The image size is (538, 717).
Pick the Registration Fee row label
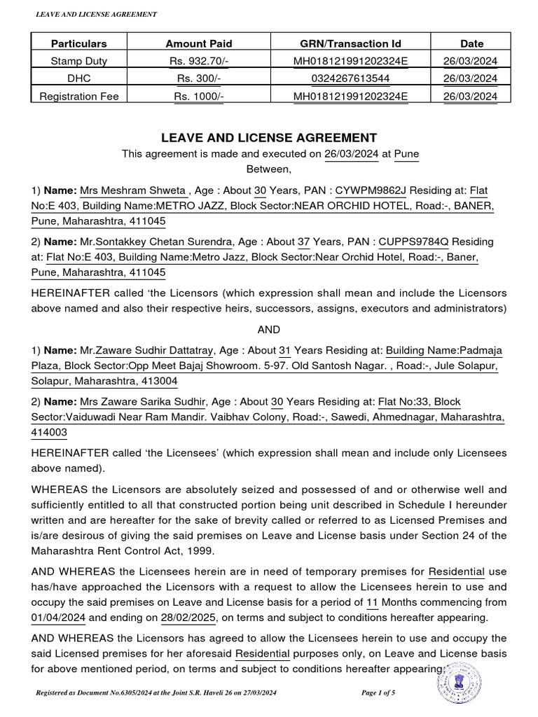tap(69, 96)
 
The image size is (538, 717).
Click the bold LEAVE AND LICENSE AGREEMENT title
tap(270, 138)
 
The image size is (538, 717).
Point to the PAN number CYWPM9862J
tap(371, 190)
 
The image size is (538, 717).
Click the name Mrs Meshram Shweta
tap(133, 190)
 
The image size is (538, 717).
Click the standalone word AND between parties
tap(270, 329)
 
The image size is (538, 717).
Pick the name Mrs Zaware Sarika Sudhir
tap(144, 402)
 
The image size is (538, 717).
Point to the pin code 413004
tap(160, 381)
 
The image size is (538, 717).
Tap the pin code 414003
tap(49, 433)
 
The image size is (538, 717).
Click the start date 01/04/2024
tap(57, 618)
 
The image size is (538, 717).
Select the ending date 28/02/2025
tap(187, 618)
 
